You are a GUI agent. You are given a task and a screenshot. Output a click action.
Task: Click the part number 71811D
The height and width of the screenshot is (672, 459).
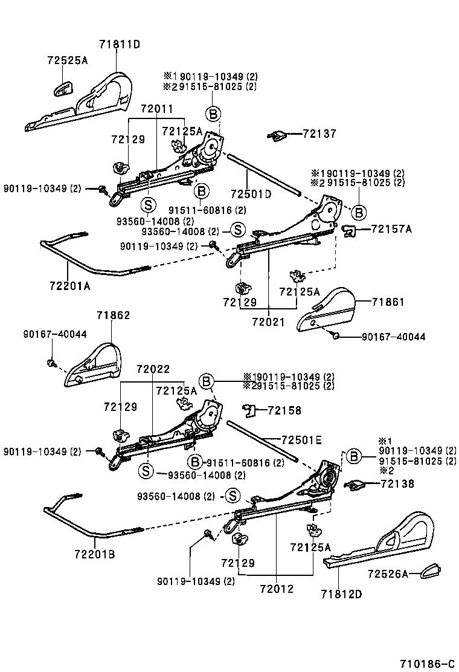120,44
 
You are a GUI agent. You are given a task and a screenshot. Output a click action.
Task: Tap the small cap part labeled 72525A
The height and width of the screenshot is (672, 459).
63,88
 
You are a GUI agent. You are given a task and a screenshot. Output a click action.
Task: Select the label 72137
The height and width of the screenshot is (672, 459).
319,134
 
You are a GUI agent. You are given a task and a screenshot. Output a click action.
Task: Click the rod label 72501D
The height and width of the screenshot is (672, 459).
251,194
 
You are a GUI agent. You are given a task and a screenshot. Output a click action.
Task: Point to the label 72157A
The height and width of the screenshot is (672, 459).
391,228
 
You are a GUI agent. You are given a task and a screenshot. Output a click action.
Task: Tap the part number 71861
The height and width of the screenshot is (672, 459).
388,302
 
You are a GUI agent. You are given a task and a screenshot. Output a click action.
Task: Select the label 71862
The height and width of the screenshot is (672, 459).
113,315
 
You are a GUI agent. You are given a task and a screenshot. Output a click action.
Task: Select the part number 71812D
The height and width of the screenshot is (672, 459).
341,594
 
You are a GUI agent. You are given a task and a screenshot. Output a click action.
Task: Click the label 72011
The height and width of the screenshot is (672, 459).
156,109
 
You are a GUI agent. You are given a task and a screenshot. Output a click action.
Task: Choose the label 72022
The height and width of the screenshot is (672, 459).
153,369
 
